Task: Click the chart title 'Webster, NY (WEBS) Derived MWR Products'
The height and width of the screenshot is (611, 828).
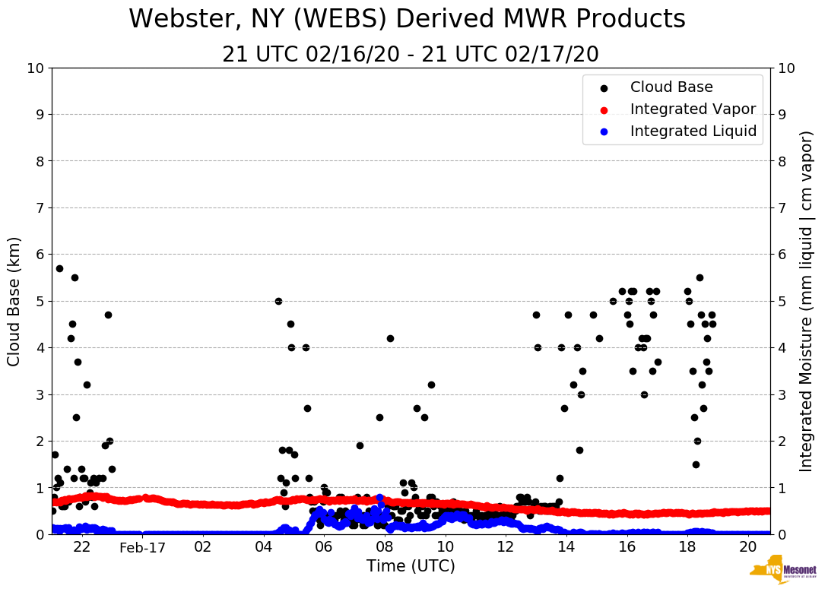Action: (407, 19)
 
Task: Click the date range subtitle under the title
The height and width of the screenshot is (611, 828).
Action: (411, 55)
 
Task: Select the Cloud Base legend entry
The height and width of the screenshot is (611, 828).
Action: (671, 87)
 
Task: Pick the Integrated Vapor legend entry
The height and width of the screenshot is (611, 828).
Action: (693, 109)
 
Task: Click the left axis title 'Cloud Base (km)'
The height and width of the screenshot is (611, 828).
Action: (14, 301)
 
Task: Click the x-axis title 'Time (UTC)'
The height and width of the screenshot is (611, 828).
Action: (411, 566)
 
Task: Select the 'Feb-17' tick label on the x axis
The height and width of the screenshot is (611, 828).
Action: (142, 547)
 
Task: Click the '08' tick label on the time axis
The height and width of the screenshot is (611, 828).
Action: (385, 547)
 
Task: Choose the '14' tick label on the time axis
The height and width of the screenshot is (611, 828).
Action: (566, 547)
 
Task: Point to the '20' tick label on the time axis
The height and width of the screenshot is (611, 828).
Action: (748, 547)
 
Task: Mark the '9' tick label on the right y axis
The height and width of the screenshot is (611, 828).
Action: (782, 115)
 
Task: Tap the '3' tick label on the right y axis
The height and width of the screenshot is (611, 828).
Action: (782, 394)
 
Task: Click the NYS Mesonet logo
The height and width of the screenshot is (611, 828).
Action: (782, 572)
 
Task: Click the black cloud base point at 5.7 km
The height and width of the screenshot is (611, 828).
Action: (59, 268)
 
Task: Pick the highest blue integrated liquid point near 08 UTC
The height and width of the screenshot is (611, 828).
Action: (379, 498)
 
